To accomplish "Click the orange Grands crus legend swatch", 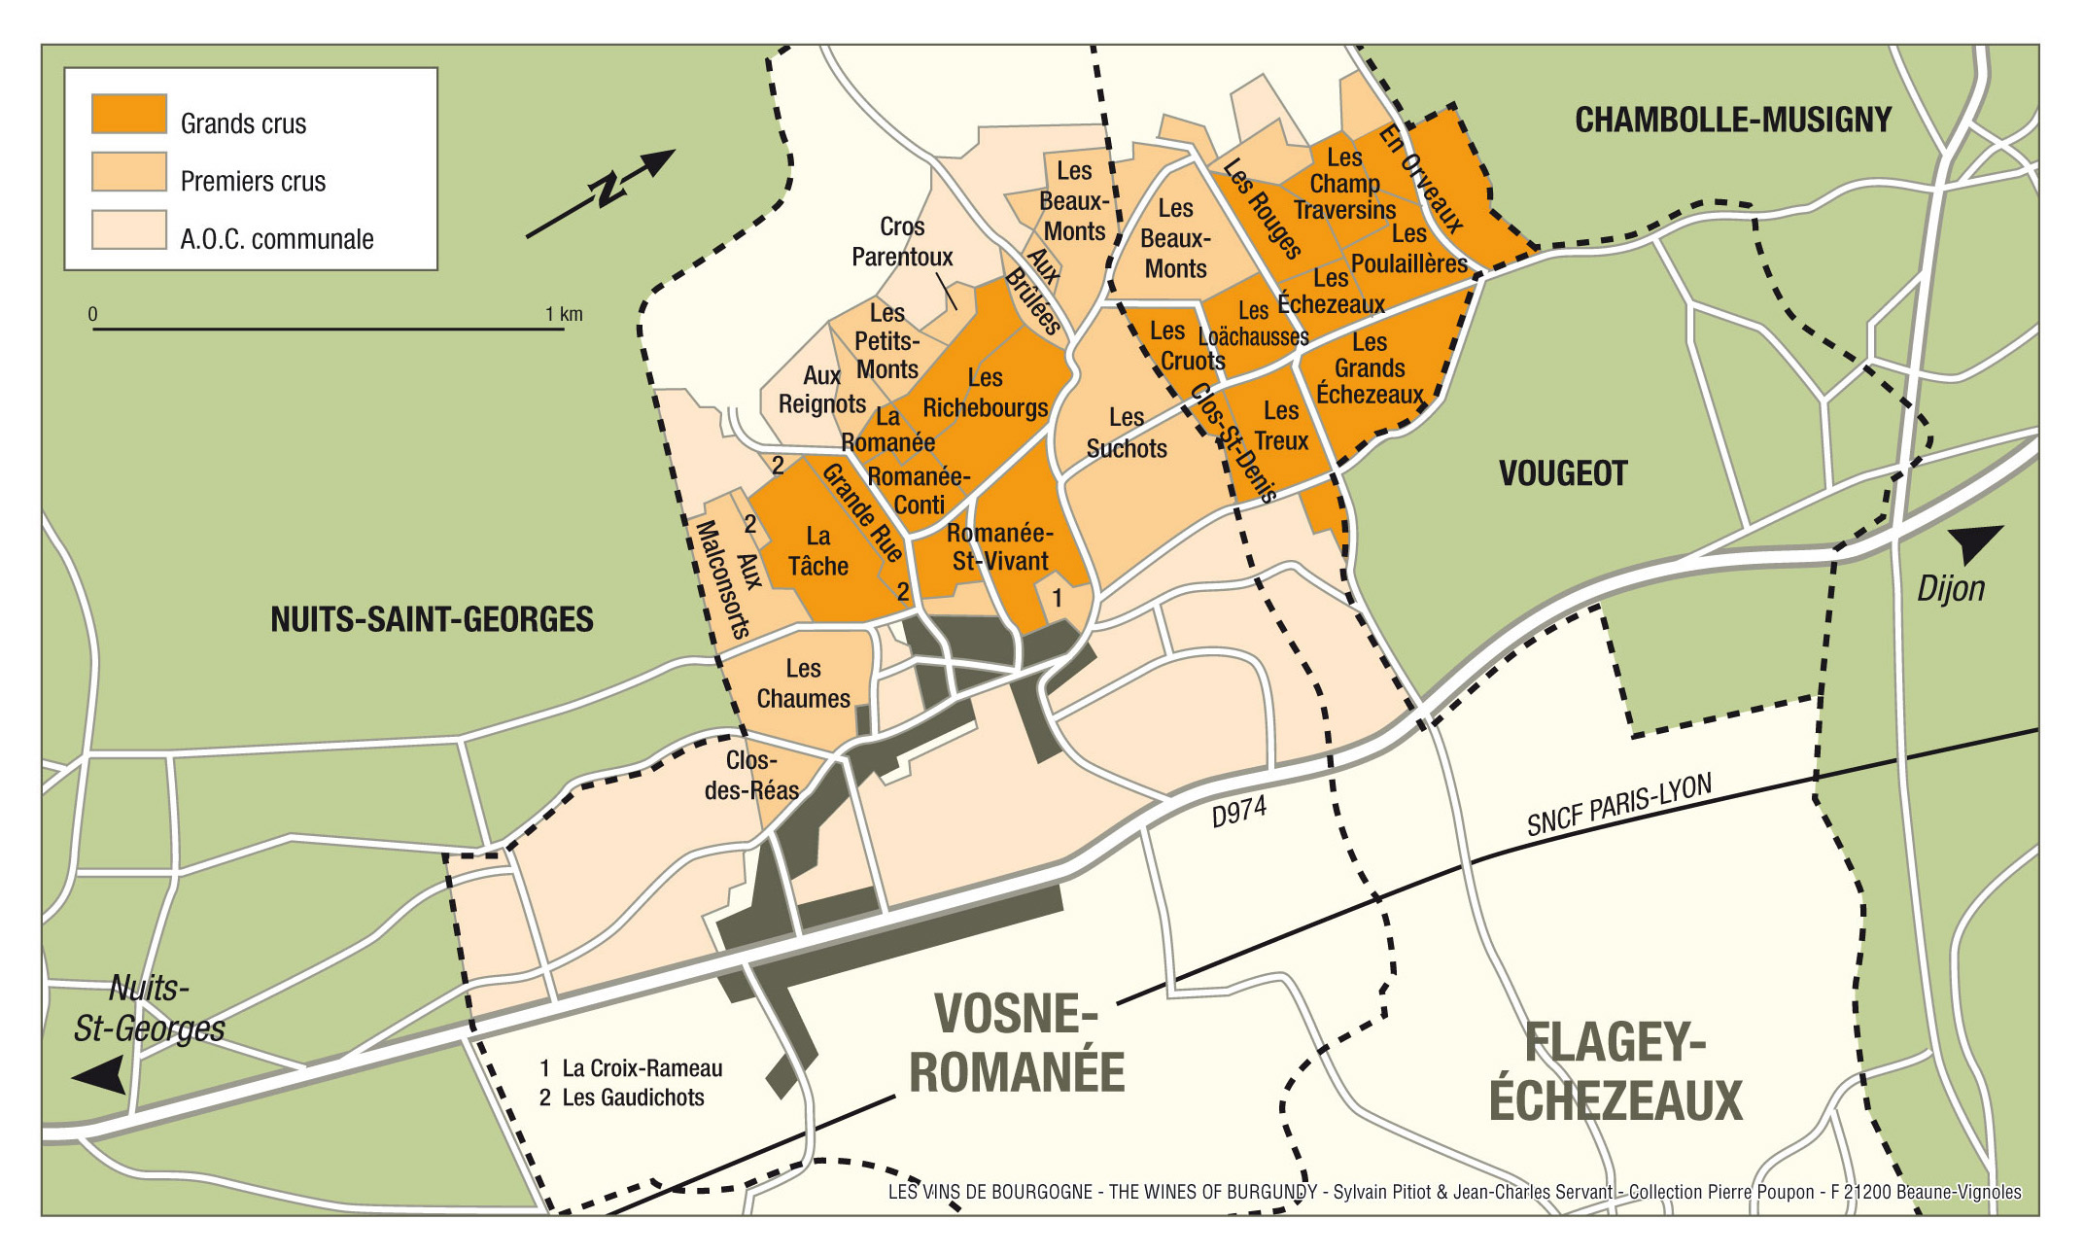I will pyautogui.click(x=128, y=114).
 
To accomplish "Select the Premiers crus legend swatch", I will pyautogui.click(x=128, y=171).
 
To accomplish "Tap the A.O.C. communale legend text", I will pyautogui.click(x=276, y=239).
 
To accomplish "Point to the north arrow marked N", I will pyautogui.click(x=605, y=190).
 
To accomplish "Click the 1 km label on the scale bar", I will pyautogui.click(x=563, y=314).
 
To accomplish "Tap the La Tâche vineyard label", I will pyautogui.click(x=817, y=551).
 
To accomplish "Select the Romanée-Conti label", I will pyautogui.click(x=918, y=491).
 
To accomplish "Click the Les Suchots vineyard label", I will pyautogui.click(x=1126, y=434).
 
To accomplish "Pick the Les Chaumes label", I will pyautogui.click(x=803, y=683).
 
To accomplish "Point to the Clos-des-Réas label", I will pyautogui.click(x=751, y=776).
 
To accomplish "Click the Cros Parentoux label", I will pyautogui.click(x=902, y=242).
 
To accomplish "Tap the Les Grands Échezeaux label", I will pyautogui.click(x=1370, y=368).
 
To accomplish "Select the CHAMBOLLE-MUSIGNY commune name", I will pyautogui.click(x=1732, y=121).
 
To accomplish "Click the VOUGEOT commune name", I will pyautogui.click(x=1562, y=474).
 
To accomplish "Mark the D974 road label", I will pyautogui.click(x=1238, y=812).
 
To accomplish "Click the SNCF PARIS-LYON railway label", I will pyautogui.click(x=1618, y=806).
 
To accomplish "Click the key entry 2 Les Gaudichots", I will pyautogui.click(x=621, y=1098).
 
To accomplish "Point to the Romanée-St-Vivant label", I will pyautogui.click(x=1000, y=547).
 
